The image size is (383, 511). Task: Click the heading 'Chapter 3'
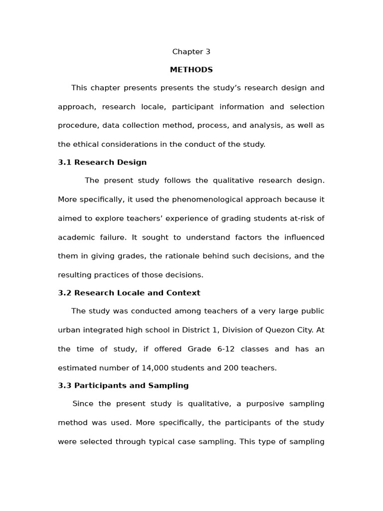(x=191, y=52)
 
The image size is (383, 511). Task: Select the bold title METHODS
(x=191, y=70)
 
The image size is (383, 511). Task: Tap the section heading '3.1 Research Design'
(x=102, y=162)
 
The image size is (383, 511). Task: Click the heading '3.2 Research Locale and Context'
(x=129, y=293)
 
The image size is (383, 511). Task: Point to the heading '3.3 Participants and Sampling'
(x=123, y=385)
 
